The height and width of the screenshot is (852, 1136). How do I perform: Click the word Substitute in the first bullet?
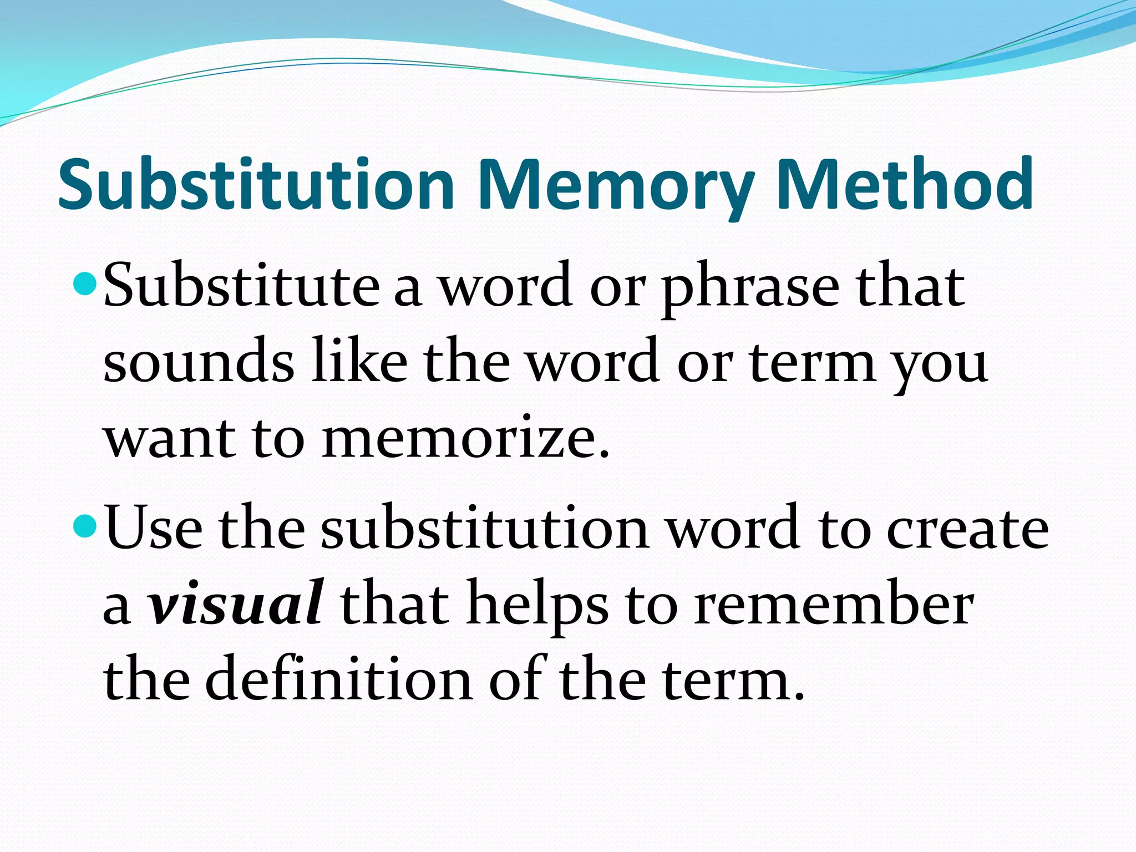coord(241,286)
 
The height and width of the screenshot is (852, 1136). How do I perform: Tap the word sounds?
coord(199,362)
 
